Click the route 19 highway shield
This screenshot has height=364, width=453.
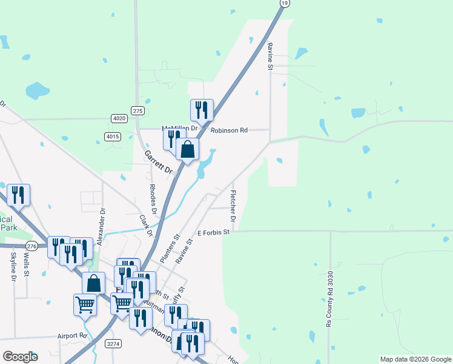[x=284, y=4]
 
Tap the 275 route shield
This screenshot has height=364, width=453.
[x=139, y=110]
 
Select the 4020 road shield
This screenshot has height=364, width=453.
[x=119, y=118]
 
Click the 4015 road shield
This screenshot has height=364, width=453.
[x=112, y=136]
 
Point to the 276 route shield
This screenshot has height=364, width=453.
[x=32, y=246]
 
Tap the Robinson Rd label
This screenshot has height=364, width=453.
[x=230, y=130]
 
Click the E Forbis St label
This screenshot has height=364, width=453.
[x=214, y=232]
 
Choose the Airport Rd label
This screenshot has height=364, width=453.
[x=73, y=335]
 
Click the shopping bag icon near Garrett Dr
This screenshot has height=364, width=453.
[x=188, y=149]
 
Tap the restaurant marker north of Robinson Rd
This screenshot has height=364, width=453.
[x=202, y=110]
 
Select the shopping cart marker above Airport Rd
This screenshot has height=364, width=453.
[x=85, y=305]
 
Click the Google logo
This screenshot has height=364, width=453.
[x=20, y=357]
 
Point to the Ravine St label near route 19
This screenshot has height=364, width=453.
[x=270, y=55]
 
